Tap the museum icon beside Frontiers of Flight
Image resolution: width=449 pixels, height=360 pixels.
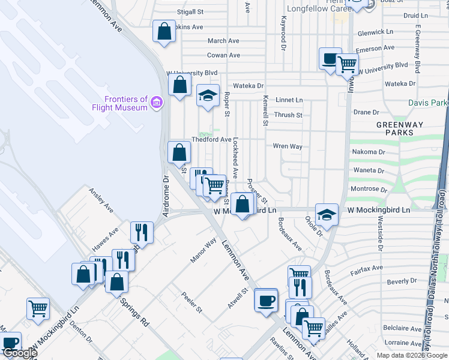(157, 103)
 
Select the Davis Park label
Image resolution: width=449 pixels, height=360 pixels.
(428, 103)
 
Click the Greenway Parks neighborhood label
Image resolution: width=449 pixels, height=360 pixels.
(396, 128)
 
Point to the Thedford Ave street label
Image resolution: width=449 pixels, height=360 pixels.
(211, 139)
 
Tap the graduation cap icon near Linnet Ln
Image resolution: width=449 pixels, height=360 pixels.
(208, 95)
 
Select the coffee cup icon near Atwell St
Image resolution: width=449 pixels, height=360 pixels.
(265, 299)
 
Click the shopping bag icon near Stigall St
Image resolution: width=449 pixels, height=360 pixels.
(164, 31)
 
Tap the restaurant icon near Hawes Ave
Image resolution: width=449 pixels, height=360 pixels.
(142, 231)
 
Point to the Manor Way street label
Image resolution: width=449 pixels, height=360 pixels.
(203, 251)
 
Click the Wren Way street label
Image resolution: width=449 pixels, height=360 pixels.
(288, 146)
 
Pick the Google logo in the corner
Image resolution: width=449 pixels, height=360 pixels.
(20, 353)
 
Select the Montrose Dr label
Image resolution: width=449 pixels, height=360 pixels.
(365, 188)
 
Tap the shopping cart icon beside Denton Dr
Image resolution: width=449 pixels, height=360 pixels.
(38, 308)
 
